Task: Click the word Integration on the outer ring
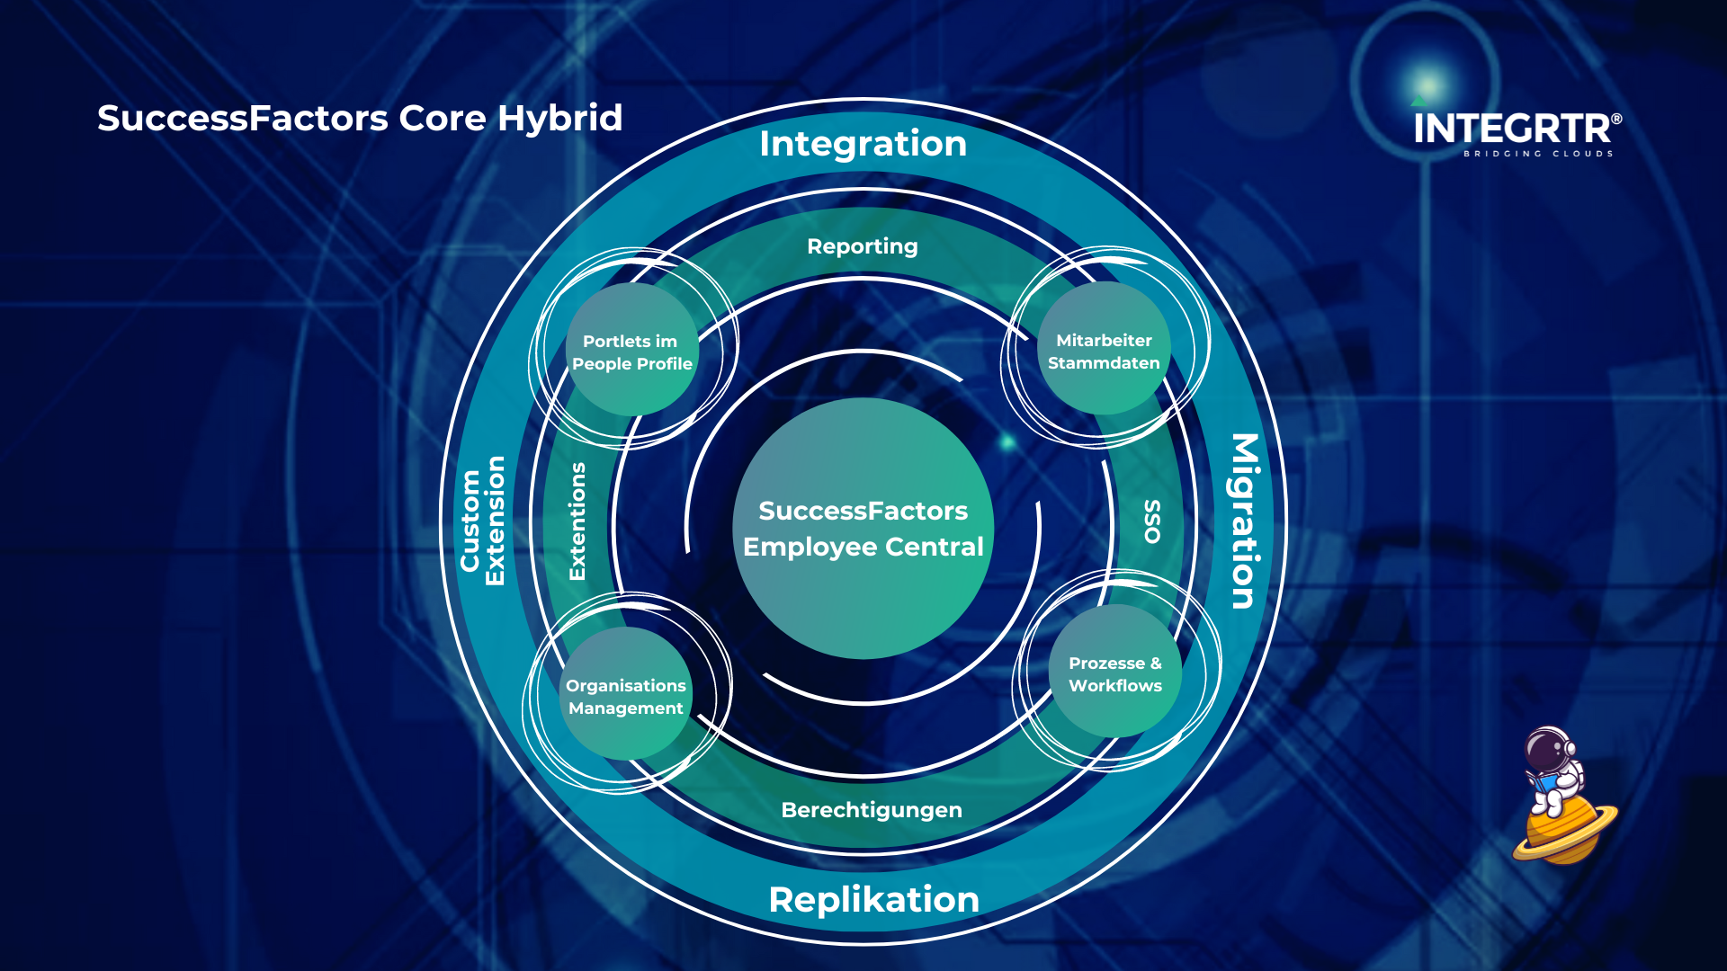(x=863, y=144)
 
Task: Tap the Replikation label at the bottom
(x=873, y=900)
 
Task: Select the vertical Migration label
(x=1245, y=521)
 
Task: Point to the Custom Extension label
(x=483, y=521)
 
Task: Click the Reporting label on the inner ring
(x=862, y=246)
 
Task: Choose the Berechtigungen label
(x=871, y=810)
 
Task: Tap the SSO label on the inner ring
(x=1152, y=521)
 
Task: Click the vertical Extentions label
(x=577, y=521)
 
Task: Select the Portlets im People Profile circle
(x=632, y=351)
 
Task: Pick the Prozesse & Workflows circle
(x=1114, y=673)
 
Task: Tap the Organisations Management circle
(x=626, y=695)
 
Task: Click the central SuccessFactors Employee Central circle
(x=863, y=529)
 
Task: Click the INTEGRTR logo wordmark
(x=1511, y=129)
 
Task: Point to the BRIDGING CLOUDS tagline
(x=1537, y=154)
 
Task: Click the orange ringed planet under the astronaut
(x=1563, y=832)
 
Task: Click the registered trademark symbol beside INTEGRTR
(x=1616, y=119)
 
